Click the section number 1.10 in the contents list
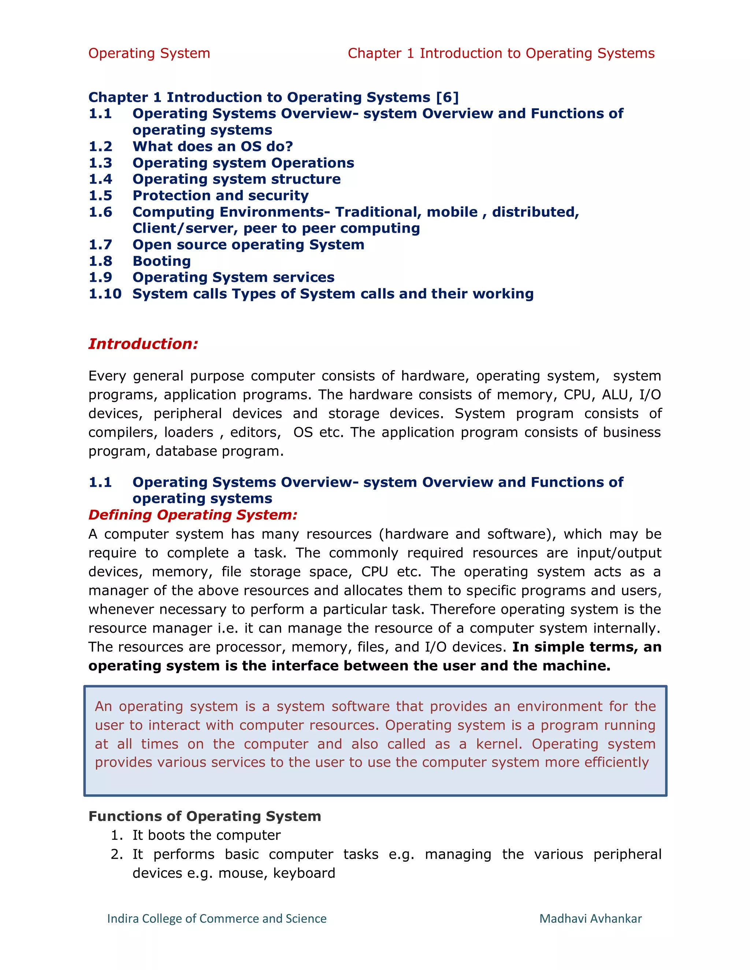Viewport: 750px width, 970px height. [x=105, y=294]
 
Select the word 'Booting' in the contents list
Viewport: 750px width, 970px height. [x=162, y=261]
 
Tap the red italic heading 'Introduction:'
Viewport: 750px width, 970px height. [x=143, y=344]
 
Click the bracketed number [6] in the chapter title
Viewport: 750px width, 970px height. [x=447, y=97]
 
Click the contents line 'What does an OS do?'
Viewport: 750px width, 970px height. [x=212, y=146]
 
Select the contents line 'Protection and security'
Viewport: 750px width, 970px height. [x=220, y=195]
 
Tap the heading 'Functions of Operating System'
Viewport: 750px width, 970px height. [x=204, y=816]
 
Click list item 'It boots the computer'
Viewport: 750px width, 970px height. [x=207, y=835]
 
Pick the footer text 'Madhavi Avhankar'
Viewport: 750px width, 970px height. [x=590, y=918]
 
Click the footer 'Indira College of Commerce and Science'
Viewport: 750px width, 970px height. [x=216, y=918]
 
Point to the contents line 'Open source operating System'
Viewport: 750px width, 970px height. [x=248, y=245]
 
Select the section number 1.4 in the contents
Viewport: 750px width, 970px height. [x=100, y=179]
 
